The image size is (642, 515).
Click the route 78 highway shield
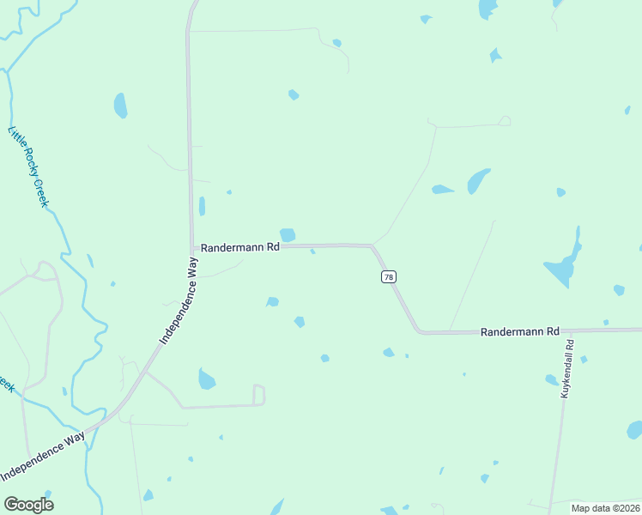pos(389,276)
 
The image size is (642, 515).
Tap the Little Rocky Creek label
pos(28,167)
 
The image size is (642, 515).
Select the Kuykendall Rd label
pos(567,367)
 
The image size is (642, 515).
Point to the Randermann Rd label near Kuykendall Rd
pos(519,331)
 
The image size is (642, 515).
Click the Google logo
pos(28,504)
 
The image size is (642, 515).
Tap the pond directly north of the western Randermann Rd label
pos(288,234)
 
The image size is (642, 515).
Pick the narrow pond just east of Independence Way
pos(202,207)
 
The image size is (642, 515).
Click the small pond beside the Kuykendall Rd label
pos(552,379)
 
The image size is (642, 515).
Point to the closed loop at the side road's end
pos(258,395)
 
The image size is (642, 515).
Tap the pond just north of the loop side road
pos(206,379)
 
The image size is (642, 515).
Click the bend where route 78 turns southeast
pos(372,247)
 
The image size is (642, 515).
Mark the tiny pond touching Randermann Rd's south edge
pos(312,251)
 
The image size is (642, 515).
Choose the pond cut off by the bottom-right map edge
pos(634,429)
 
